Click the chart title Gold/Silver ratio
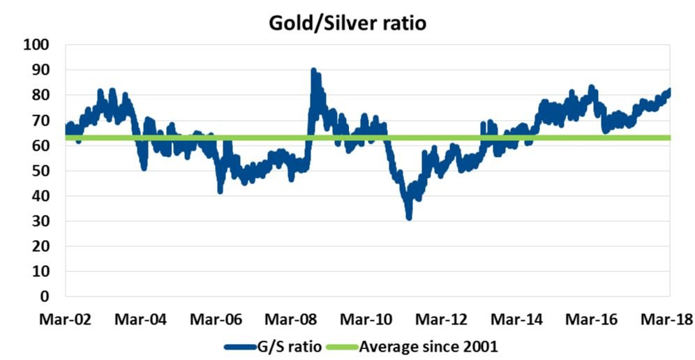(x=347, y=22)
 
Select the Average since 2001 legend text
(x=428, y=345)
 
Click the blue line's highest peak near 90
(x=313, y=70)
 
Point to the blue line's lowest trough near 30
(x=409, y=218)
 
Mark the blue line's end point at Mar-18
(x=669, y=91)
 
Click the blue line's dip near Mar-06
(x=221, y=190)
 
